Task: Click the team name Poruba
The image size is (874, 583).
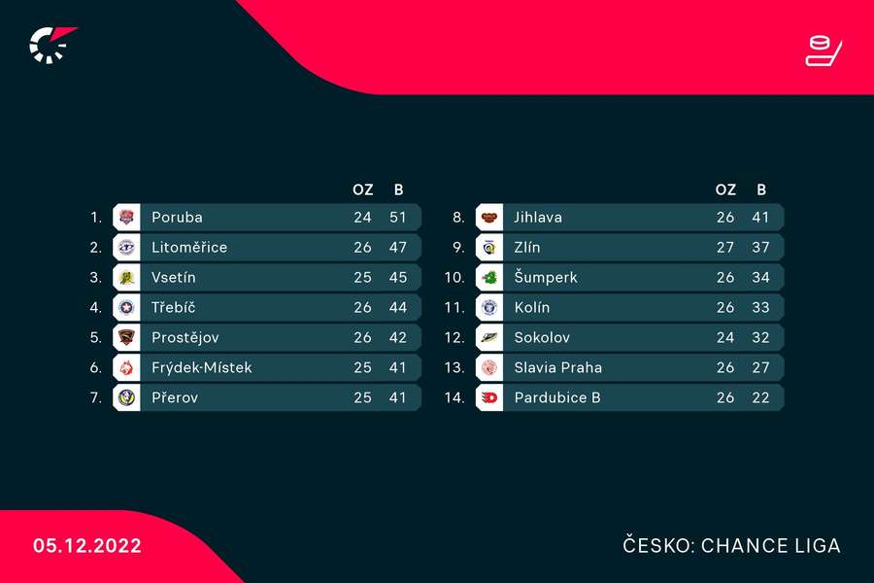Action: tap(177, 217)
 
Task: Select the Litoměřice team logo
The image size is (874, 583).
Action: tap(126, 247)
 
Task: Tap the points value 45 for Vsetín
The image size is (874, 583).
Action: tap(398, 277)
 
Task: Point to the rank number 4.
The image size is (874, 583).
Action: tap(95, 307)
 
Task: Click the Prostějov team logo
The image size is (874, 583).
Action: tap(126, 337)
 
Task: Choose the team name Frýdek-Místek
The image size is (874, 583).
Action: tap(202, 367)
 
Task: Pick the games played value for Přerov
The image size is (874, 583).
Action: tap(362, 397)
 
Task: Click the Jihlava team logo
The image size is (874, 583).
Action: tap(489, 217)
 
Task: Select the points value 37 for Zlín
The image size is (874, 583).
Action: tap(760, 247)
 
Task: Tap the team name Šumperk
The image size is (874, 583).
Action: tap(546, 277)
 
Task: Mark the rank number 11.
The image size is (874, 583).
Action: tap(455, 307)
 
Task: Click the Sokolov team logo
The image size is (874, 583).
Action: tap(489, 337)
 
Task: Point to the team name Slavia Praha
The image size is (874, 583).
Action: tap(558, 367)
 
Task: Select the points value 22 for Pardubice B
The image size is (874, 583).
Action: tap(760, 397)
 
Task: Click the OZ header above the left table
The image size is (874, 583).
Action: tap(362, 189)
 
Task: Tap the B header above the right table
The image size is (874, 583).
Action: tap(760, 189)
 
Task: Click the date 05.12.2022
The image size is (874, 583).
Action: tap(87, 546)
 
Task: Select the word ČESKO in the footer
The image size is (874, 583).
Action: tap(655, 546)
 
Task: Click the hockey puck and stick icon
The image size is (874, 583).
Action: tap(824, 51)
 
